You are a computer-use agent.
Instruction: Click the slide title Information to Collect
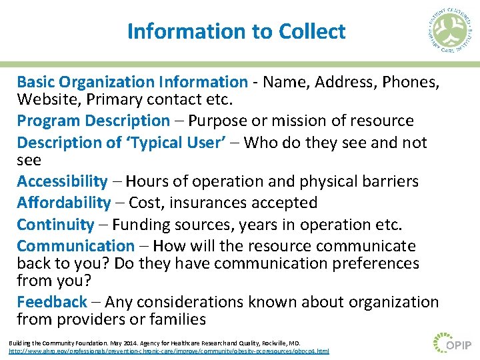point(236,31)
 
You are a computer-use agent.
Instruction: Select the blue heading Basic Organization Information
point(132,82)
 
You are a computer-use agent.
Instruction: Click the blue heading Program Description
point(93,121)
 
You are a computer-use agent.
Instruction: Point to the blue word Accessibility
point(62,181)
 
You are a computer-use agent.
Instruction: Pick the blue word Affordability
point(64,203)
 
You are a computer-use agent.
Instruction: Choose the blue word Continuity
point(55,225)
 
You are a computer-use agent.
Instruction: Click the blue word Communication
point(75,246)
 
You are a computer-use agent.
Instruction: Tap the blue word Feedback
point(52,302)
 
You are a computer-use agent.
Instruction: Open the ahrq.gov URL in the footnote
point(169,351)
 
